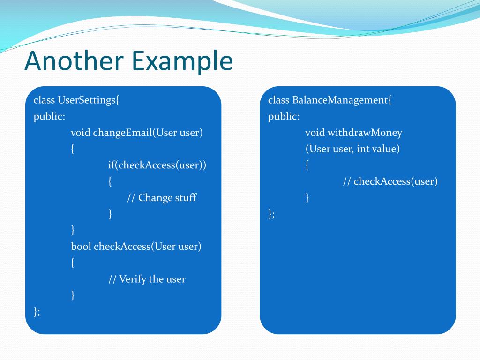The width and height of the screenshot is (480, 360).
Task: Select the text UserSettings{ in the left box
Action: (89, 100)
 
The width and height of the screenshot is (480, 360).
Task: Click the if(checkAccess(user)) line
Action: (157, 165)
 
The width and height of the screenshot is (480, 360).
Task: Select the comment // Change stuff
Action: (161, 197)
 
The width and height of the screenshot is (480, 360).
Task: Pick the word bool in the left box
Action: (81, 246)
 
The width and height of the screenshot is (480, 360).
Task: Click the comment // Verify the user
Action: (147, 279)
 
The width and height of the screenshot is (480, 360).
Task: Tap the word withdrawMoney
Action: (364, 133)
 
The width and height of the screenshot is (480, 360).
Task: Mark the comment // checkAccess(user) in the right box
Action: (390, 181)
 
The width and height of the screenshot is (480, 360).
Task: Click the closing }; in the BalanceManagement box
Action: (271, 214)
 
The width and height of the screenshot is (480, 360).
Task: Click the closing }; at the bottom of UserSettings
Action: (37, 311)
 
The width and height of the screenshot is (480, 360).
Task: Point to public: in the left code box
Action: (49, 116)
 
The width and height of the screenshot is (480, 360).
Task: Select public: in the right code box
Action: (284, 116)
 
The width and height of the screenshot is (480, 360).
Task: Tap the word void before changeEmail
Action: (81, 133)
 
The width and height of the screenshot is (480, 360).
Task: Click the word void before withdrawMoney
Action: (315, 133)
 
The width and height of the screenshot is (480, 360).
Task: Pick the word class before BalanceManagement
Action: (279, 100)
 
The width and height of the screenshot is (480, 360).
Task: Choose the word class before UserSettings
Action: (45, 100)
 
